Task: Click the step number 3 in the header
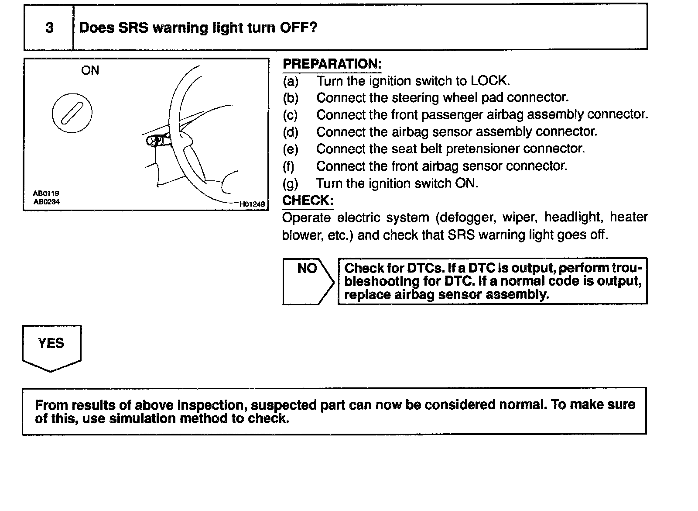[x=49, y=28]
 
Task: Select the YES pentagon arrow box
[x=51, y=347]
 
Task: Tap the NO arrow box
[x=308, y=280]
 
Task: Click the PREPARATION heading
[x=332, y=64]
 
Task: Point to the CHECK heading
[x=308, y=200]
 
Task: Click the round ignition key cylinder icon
[x=72, y=113]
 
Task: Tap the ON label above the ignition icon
[x=90, y=70]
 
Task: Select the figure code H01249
[x=252, y=204]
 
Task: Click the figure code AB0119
[x=46, y=193]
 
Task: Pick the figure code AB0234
[x=47, y=202]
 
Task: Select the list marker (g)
[x=290, y=183]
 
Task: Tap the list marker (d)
[x=290, y=132]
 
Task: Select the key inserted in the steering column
[x=156, y=140]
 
